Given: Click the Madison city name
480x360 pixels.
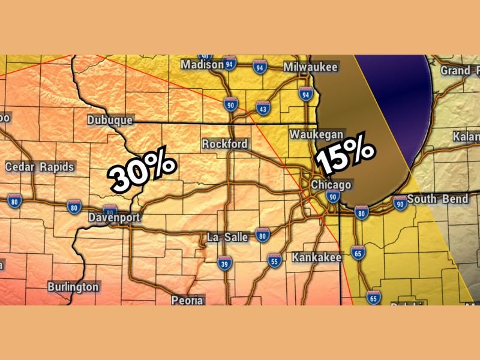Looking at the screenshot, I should pos(202,64).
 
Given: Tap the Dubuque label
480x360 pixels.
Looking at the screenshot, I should pos(110,120).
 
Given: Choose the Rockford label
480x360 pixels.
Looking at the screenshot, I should pos(224,145).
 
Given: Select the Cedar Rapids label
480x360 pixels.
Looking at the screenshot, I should pos(40,167).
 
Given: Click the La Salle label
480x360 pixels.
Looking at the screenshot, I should pos(227,237).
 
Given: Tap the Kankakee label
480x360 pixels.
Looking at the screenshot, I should pos(316,257).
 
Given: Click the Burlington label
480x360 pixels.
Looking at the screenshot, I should pos(73,287).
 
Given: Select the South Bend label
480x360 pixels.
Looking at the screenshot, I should pos(437,199).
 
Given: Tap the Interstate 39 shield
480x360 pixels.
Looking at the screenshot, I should pos(224,263).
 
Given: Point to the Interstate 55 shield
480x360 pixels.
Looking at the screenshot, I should pos(274,260).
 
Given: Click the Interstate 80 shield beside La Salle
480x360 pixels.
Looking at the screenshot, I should pos(262,235).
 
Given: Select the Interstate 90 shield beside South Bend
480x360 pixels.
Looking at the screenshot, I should pos(400,205).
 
